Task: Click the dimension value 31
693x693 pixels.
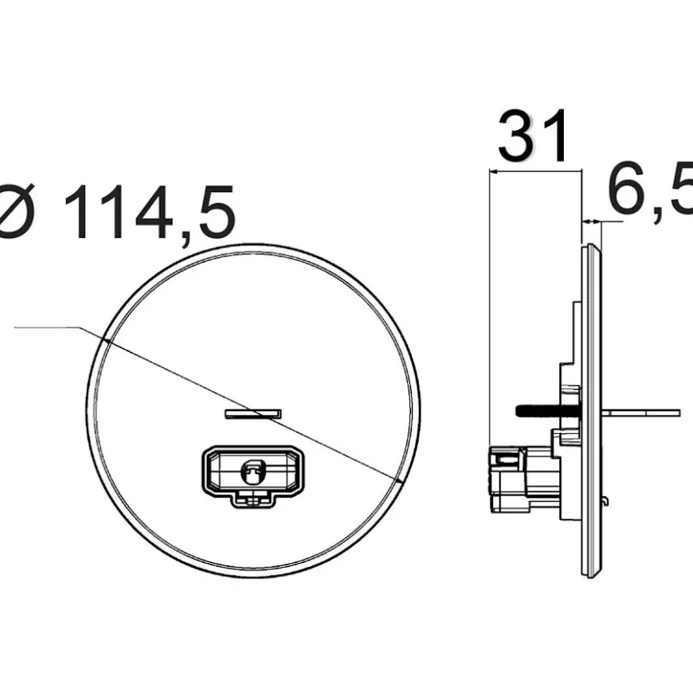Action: point(532,135)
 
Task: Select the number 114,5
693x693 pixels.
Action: point(150,211)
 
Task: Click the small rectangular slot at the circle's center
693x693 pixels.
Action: point(253,413)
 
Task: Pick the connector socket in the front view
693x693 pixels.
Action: point(254,474)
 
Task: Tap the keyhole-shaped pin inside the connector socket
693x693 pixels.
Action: point(253,472)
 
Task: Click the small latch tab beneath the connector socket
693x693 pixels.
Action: point(254,500)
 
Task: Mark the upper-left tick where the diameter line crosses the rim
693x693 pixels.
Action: point(106,340)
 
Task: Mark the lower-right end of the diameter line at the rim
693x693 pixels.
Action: point(398,479)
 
